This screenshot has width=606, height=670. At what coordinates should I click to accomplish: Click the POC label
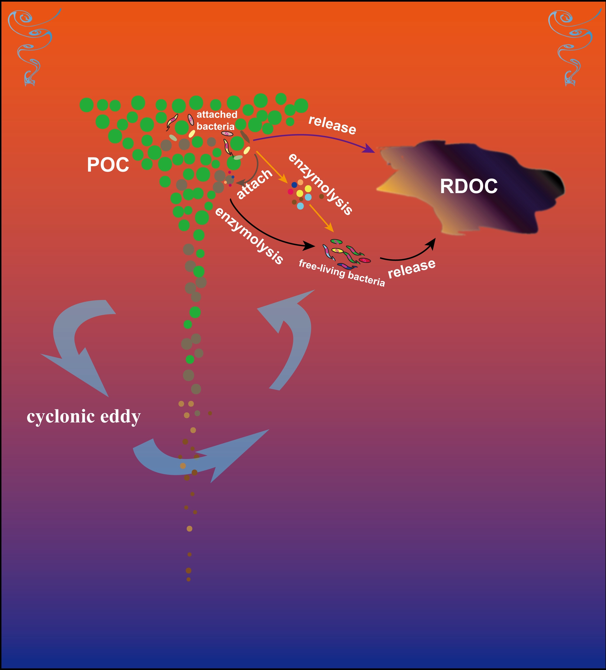click(108, 165)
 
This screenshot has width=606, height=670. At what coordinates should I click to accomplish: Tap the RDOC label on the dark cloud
click(469, 186)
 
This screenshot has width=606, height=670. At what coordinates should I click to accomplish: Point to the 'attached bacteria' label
click(217, 120)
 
